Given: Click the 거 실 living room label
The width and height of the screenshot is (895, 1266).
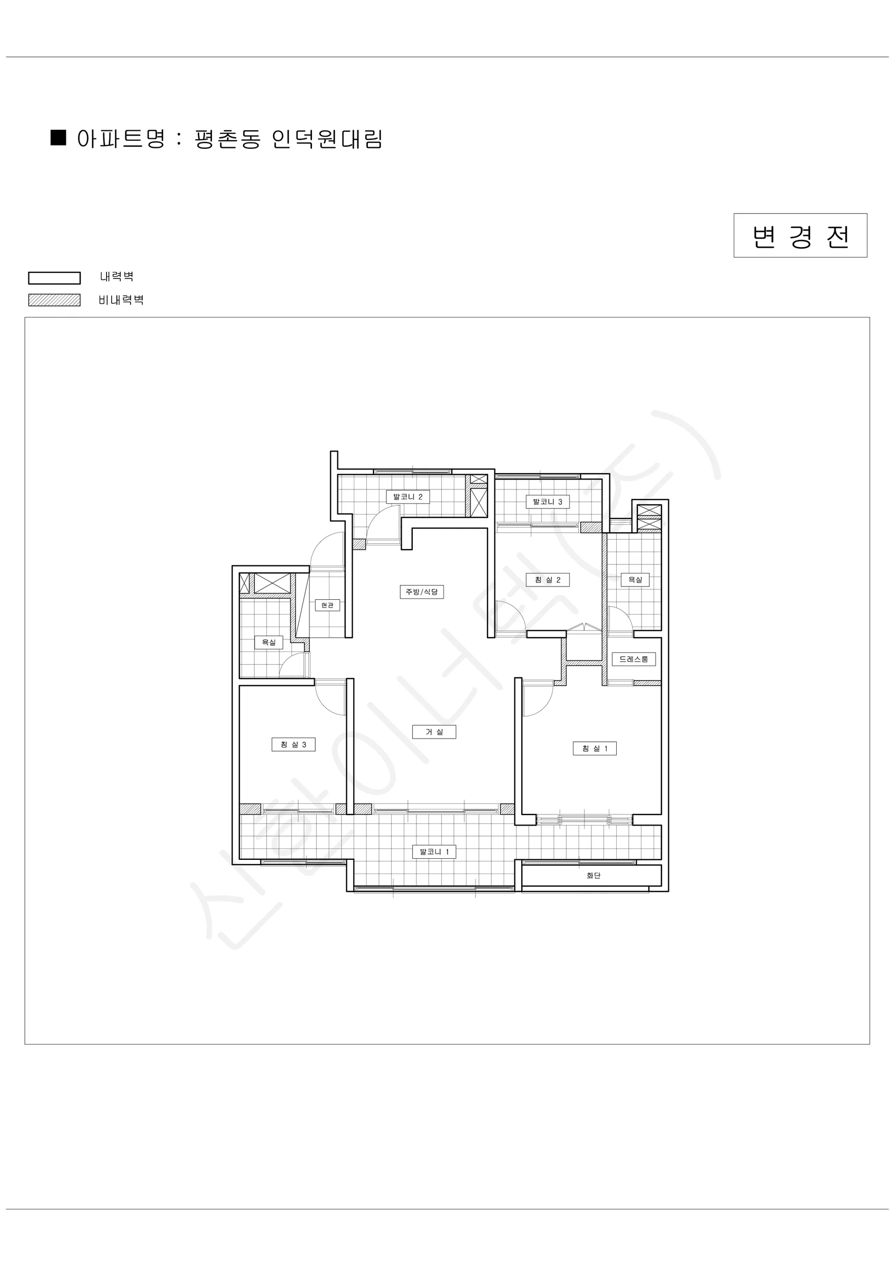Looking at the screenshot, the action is click(434, 732).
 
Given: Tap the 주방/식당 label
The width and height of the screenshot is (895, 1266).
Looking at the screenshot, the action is click(422, 592).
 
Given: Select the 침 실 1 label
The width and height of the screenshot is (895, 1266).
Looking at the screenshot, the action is click(595, 748).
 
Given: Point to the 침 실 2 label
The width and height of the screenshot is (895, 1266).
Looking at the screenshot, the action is click(548, 580).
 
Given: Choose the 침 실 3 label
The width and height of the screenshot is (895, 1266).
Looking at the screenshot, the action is click(293, 744).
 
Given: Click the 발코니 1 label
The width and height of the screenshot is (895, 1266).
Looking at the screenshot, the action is click(434, 851).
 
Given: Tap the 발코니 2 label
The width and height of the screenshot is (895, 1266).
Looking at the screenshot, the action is click(408, 496).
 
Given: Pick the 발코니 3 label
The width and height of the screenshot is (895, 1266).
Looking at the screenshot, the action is click(548, 501).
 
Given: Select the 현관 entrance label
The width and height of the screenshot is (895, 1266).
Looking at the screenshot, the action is click(327, 605).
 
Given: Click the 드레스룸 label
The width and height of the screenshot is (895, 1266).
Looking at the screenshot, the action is click(634, 659).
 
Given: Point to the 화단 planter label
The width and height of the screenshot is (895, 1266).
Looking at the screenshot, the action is click(594, 875).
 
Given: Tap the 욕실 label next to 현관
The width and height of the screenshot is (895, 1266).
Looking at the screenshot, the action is click(268, 642).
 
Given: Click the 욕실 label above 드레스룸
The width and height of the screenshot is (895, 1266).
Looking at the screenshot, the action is click(636, 580).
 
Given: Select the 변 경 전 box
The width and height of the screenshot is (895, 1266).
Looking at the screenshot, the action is click(800, 235).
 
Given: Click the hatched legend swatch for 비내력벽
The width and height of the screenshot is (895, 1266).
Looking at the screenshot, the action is click(55, 300).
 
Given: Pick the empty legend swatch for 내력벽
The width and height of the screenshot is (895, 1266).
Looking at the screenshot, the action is click(55, 277).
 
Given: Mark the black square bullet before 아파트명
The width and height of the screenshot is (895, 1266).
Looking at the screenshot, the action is click(59, 137).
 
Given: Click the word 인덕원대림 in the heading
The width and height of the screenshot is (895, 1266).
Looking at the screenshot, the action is click(327, 139).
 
